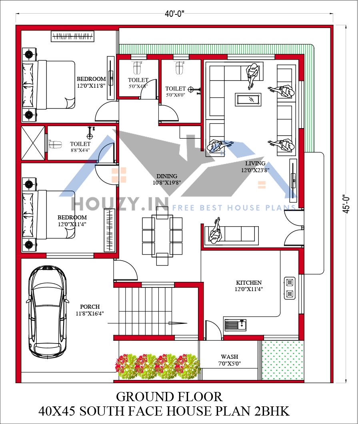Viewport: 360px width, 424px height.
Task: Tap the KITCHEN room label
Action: pos(249,283)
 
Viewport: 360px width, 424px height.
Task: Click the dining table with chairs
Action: pos(162,236)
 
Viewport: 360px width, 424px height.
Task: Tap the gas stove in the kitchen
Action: pos(289,288)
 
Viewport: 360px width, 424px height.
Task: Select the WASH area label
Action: pos(229,357)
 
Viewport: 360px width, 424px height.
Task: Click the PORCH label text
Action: pos(90,307)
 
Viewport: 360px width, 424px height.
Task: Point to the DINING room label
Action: pos(166,176)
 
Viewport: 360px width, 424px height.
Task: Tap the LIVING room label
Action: pos(255,163)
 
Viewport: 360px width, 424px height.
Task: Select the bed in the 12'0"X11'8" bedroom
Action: pos(48,85)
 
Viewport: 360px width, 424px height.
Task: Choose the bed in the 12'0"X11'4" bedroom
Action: pos(48,215)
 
